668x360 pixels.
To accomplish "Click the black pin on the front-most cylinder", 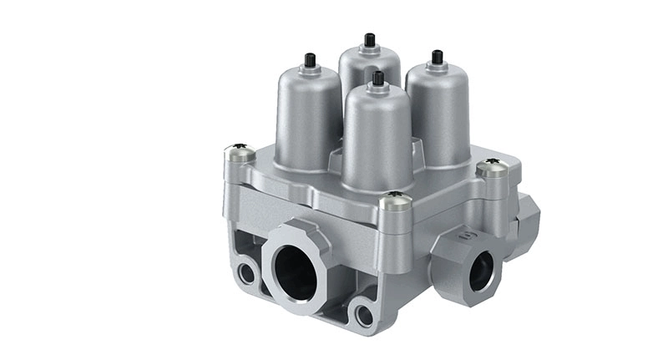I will coord(377,79).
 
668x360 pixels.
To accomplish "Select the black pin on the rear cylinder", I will coord(369,40).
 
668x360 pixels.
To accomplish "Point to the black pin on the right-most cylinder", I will coord(436,58).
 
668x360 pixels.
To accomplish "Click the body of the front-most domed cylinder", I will coord(377,138).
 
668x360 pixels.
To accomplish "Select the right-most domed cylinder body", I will coord(436,113).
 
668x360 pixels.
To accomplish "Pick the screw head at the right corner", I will coord(493,168).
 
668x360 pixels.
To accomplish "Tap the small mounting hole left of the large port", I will coord(246,272).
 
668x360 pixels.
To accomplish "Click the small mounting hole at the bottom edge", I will coord(363,315).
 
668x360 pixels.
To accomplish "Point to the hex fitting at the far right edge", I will coord(528,219).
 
